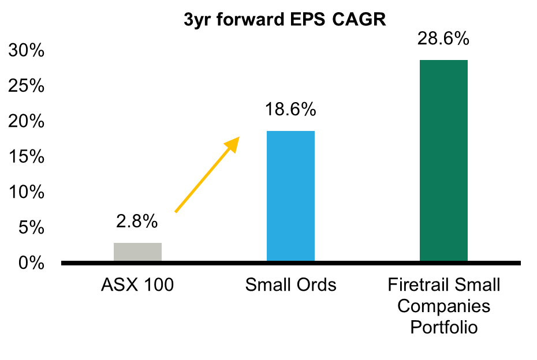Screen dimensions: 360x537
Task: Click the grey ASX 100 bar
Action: point(137,252)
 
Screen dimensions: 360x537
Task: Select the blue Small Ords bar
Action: point(290,196)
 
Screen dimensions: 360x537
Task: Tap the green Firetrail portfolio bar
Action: point(443,162)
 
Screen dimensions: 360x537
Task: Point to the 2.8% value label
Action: point(137,222)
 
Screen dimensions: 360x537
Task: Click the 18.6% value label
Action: point(290,109)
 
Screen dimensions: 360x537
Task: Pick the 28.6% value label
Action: point(443,39)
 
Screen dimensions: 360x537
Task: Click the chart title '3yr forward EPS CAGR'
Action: point(285,20)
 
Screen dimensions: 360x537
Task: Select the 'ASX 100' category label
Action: point(137,285)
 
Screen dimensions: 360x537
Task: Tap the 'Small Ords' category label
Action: point(290,285)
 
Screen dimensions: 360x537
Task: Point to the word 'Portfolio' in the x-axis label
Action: point(443,328)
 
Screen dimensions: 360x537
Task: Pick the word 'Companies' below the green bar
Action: point(443,306)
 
